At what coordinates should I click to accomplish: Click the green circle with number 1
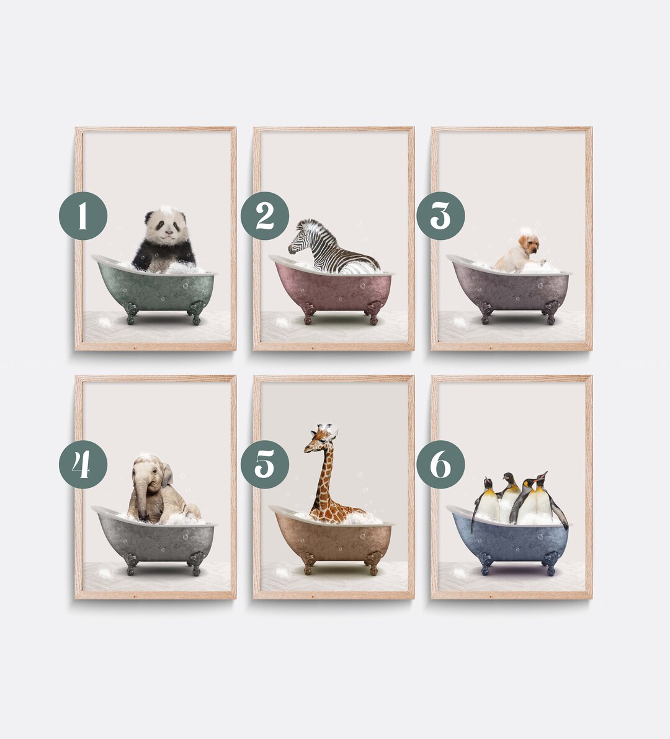coord(83,216)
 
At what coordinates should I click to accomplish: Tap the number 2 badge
coord(265,216)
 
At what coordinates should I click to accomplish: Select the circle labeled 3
coord(440,216)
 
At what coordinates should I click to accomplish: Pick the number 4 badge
coord(83,464)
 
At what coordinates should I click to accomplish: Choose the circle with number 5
coord(265,464)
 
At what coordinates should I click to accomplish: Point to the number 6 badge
coord(440,464)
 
